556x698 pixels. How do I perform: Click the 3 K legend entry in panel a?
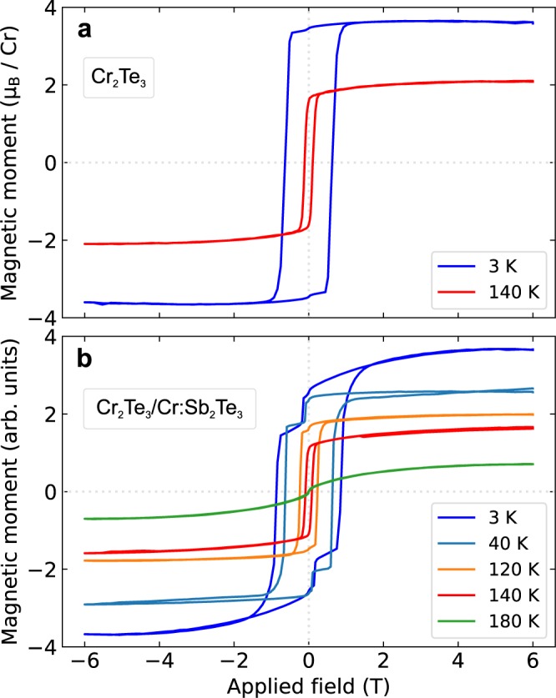pos(491,267)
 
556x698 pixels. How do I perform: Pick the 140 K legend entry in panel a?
pos(491,293)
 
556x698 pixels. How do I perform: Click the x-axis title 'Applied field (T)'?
pos(309,685)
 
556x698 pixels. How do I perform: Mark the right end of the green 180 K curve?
pos(533,464)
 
